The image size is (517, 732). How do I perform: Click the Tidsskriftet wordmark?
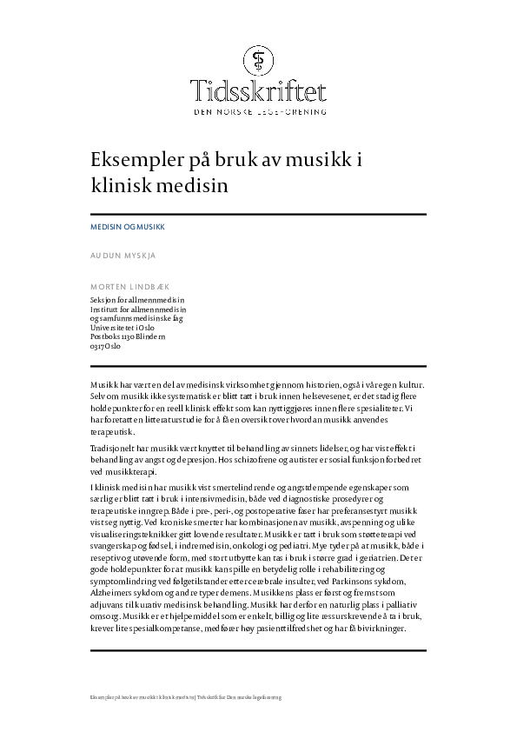coord(259,92)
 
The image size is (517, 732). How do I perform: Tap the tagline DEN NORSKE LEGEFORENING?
coord(259,112)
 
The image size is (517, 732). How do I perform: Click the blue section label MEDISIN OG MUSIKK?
coord(127,226)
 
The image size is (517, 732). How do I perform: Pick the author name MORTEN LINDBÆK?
coord(130,286)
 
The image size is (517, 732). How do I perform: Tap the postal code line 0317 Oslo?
coord(106,346)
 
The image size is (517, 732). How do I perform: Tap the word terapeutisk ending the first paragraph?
coord(112,429)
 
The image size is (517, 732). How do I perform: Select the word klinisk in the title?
coord(115,184)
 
